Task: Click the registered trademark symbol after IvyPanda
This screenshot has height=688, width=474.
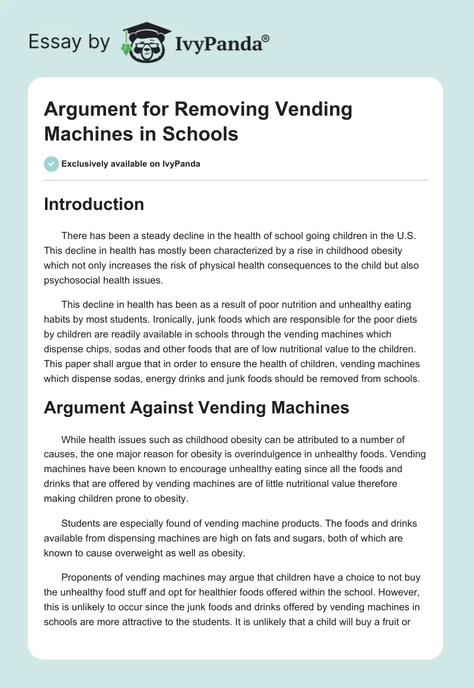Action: tap(265, 39)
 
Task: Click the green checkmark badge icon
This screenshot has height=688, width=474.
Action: tap(52, 164)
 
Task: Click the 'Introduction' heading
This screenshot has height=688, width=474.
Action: tap(94, 204)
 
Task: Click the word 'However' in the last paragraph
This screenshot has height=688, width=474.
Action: tap(404, 591)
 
